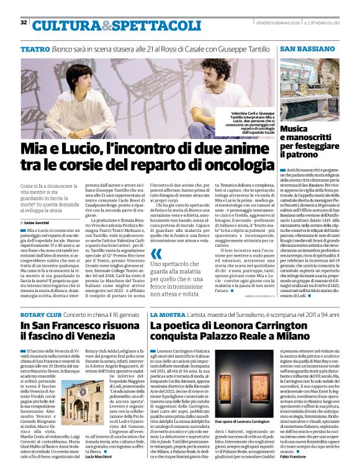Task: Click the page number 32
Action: [x=24, y=22]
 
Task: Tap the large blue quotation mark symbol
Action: [x=156, y=254]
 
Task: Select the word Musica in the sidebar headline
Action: [x=295, y=128]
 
